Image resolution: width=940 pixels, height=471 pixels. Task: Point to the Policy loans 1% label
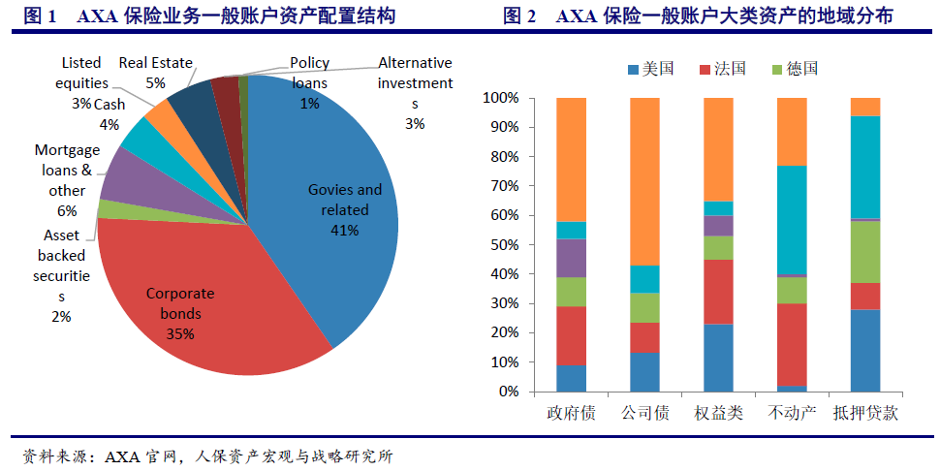coord(309,82)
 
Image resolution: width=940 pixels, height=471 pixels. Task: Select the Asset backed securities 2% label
coord(62,276)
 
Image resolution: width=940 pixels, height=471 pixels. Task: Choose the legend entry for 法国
coord(721,69)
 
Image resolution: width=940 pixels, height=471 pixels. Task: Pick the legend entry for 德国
coord(794,69)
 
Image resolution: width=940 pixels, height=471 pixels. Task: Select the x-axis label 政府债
coord(571,413)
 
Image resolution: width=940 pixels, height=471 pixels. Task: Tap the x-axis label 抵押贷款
coord(865,413)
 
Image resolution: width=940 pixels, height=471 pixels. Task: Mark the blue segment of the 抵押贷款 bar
coord(864,350)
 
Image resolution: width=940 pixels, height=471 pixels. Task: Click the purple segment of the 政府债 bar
coord(571,258)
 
